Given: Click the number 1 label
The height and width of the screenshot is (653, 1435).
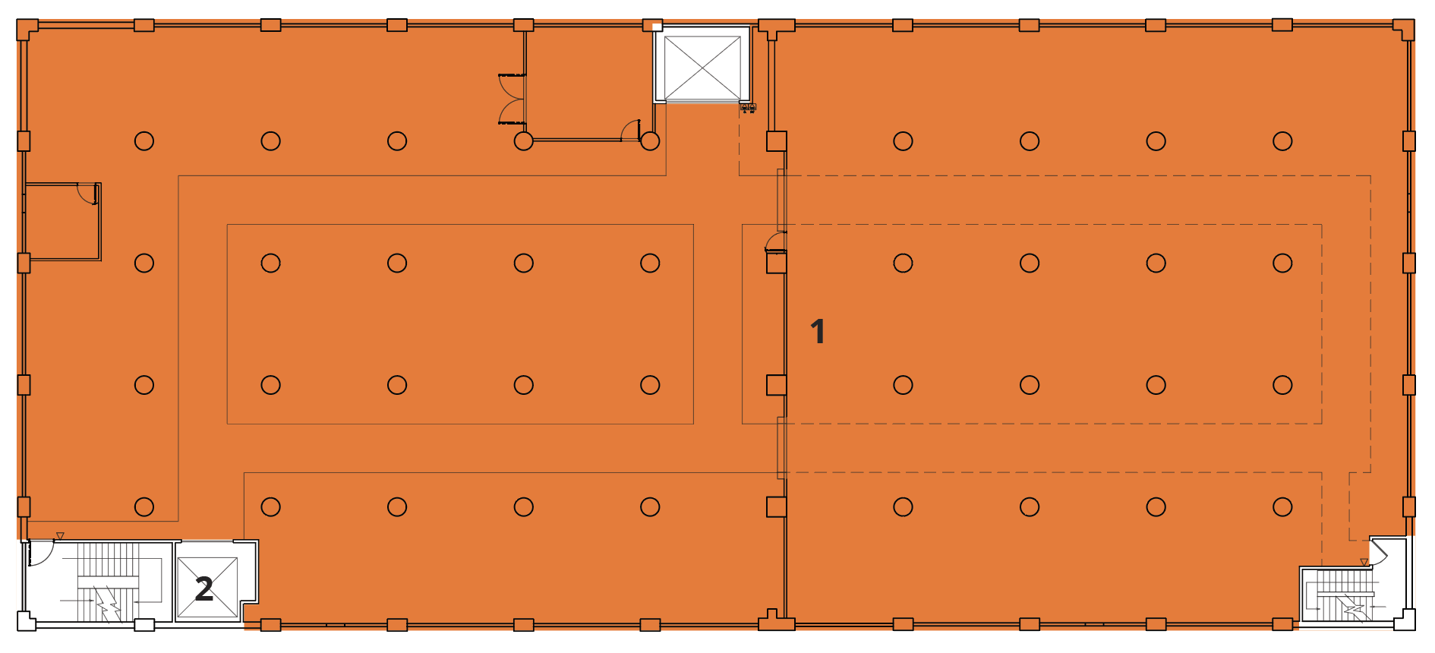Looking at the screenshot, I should coord(818,332).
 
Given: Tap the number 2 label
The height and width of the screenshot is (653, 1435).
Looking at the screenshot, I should coord(203,589).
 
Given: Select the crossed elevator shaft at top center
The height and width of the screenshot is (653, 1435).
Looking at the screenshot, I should coord(702,68).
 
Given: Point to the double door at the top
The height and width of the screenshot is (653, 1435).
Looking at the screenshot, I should coord(511,99).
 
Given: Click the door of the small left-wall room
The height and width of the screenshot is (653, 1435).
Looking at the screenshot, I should coord(88,193).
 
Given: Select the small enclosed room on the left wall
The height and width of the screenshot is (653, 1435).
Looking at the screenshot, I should coord(62,222).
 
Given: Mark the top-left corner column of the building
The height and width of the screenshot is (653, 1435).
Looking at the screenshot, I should coord(27,30).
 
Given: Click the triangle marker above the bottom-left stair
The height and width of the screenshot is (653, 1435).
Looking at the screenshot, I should coord(60,536).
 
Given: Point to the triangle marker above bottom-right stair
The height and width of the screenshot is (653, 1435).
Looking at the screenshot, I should coord(1364,563).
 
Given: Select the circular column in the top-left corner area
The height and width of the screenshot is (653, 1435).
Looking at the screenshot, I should coord(144,141).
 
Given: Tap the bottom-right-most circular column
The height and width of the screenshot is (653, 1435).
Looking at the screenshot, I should coord(1282,506).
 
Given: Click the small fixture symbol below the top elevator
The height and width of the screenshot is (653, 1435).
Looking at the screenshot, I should coord(748,108).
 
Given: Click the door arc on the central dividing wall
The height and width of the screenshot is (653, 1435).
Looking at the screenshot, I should coord(775,241).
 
